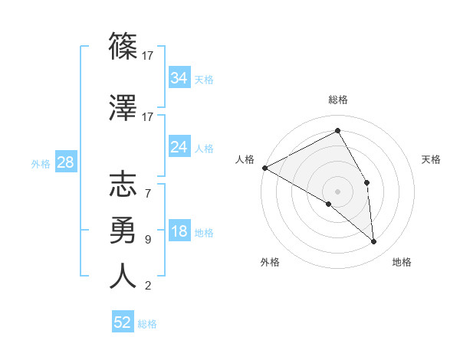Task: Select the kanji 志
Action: (x=123, y=185)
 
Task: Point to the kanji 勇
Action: (x=123, y=230)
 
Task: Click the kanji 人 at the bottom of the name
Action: (x=123, y=276)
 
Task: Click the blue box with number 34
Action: (x=179, y=78)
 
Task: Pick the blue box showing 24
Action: (x=179, y=147)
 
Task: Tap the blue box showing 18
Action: (x=179, y=232)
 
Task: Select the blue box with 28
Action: (x=65, y=162)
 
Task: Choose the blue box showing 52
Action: (x=123, y=322)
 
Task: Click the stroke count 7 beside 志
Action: (x=148, y=193)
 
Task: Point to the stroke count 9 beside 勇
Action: (x=148, y=240)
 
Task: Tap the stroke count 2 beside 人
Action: (x=148, y=286)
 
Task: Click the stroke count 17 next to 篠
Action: (x=148, y=55)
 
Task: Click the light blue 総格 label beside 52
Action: (x=147, y=324)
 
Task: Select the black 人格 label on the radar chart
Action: (x=245, y=159)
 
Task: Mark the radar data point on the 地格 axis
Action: (x=374, y=242)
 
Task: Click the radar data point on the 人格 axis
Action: (x=264, y=168)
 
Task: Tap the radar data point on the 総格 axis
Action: (x=337, y=131)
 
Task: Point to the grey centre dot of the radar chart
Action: (x=337, y=191)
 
